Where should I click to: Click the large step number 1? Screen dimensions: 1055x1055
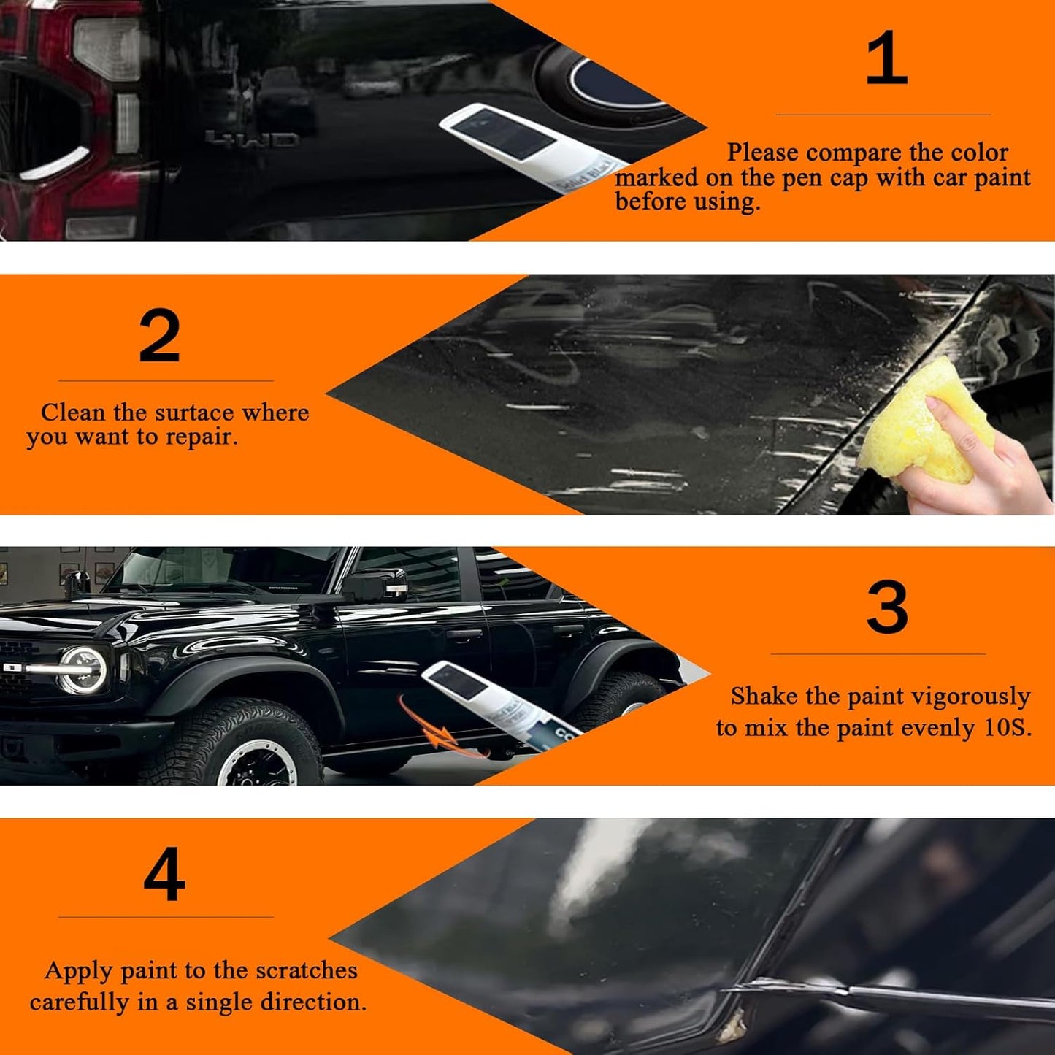click(x=886, y=58)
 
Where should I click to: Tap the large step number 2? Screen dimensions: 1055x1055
click(x=159, y=336)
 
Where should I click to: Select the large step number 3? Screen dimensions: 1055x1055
click(x=887, y=607)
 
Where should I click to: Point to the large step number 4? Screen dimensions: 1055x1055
click(x=164, y=874)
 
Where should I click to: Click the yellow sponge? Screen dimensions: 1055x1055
click(x=924, y=423)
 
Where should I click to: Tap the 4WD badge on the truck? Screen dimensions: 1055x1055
click(x=252, y=139)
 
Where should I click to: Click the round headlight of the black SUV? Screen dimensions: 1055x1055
click(x=83, y=670)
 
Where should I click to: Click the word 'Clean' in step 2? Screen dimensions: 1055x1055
click(x=73, y=413)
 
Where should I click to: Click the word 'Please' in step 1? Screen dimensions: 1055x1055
click(x=763, y=153)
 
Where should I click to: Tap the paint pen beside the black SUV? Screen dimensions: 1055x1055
click(x=496, y=705)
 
